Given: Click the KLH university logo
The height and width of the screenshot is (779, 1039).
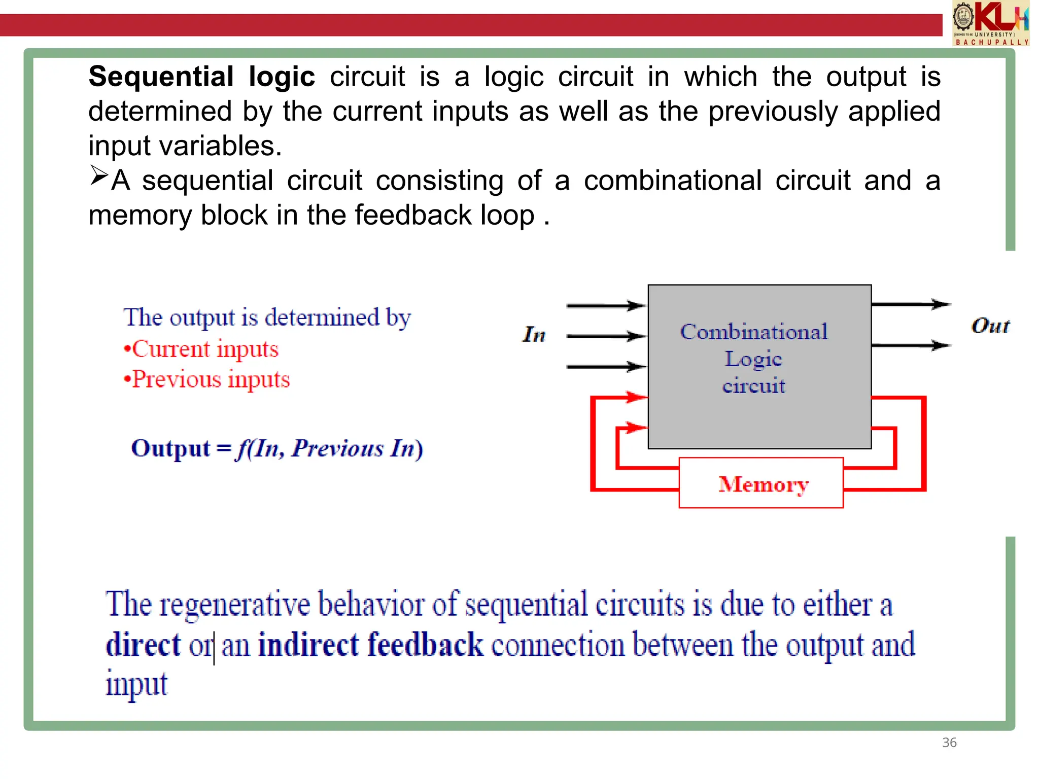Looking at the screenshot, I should [990, 23].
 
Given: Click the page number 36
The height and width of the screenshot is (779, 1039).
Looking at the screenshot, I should [949, 742].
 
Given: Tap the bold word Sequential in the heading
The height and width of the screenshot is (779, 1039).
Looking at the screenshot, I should [161, 77].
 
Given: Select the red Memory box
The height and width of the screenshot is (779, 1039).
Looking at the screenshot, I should [761, 483].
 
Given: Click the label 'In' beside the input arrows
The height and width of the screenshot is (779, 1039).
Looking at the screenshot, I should [534, 335].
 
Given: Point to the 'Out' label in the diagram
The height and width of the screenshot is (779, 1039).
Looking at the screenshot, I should [990, 326].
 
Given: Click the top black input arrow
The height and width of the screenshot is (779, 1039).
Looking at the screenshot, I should [606, 306].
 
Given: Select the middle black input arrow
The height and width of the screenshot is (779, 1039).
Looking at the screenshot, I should [606, 336].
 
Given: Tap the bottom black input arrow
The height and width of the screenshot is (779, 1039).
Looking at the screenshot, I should [606, 366].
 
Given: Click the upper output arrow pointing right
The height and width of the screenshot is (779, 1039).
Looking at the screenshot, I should [911, 304].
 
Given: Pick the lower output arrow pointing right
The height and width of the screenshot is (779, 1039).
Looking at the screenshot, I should [911, 345].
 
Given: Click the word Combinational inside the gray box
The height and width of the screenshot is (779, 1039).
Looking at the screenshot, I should [754, 332].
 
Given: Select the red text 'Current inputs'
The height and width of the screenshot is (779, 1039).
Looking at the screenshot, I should [205, 349].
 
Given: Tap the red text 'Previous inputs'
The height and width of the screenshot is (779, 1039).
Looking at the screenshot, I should [211, 379].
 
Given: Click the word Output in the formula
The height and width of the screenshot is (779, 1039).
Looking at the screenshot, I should [170, 448].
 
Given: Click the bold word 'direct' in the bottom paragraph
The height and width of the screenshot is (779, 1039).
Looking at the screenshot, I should [143, 645].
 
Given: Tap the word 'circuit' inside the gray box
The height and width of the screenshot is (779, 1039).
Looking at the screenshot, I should [754, 386].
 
